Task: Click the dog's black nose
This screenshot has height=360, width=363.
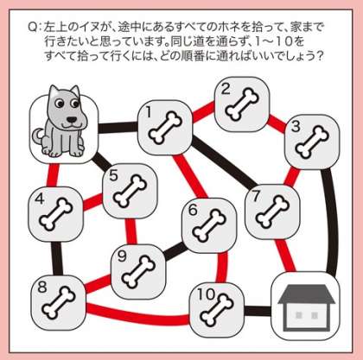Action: tap(72, 119)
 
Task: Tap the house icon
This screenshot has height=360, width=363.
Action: tap(306, 307)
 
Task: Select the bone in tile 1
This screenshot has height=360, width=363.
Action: tap(165, 129)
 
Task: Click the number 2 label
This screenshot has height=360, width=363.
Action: tap(226, 89)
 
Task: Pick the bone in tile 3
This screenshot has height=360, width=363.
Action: tap(312, 142)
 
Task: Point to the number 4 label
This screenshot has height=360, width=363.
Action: tap(40, 199)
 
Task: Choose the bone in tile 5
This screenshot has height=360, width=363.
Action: tap(130, 192)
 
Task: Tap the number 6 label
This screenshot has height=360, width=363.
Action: tap(193, 210)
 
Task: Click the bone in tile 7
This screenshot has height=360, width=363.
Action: tap(272, 212)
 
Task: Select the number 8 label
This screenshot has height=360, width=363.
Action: tap(42, 287)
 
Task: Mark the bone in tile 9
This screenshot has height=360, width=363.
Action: tap(138, 272)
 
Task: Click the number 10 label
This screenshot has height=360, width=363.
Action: tap(207, 294)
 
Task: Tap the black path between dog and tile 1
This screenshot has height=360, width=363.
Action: tap(118, 128)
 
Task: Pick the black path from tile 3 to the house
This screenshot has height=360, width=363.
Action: tap(332, 222)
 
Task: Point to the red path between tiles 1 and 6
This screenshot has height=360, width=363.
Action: tap(191, 176)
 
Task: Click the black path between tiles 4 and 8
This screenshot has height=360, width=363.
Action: tap(57, 258)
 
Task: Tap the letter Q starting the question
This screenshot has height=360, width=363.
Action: tap(32, 28)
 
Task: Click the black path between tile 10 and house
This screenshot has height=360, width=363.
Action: tap(258, 311)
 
